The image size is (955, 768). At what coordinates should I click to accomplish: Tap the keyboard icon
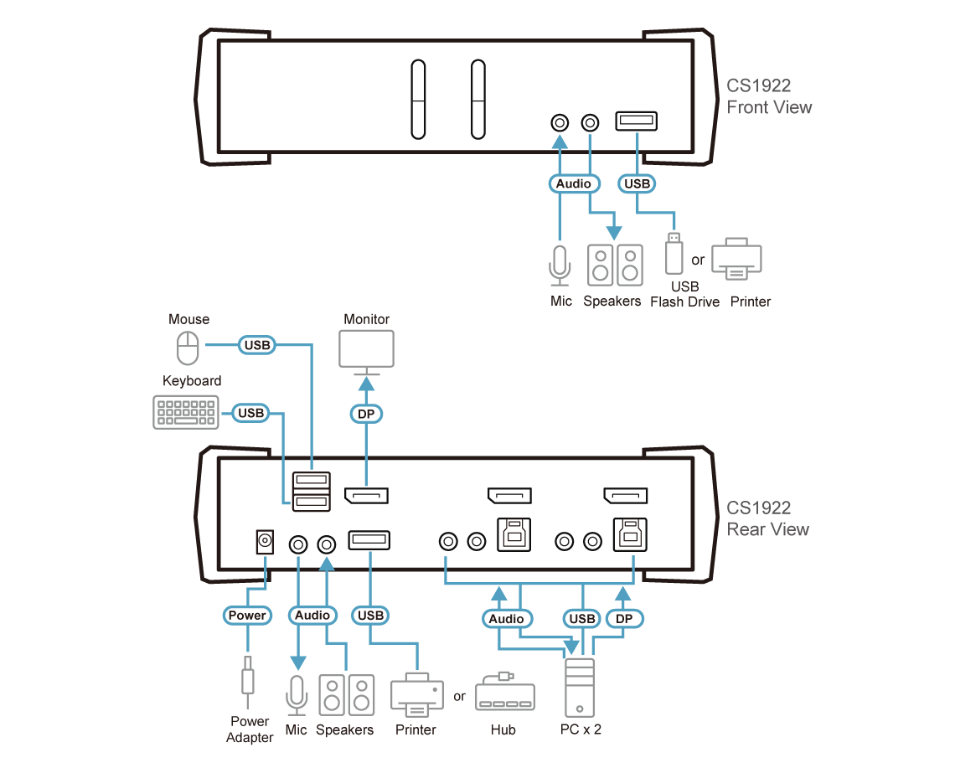click(x=186, y=413)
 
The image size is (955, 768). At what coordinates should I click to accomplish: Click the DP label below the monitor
click(x=365, y=413)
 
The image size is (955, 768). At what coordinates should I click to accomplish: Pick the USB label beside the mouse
click(x=255, y=344)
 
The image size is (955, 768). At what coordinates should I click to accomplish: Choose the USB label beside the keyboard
click(x=250, y=412)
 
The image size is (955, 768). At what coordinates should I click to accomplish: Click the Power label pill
click(x=247, y=616)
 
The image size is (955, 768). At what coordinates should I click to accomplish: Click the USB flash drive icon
click(x=672, y=253)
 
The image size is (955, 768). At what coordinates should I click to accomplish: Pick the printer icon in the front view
click(x=736, y=260)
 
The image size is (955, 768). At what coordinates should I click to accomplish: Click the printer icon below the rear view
click(x=416, y=693)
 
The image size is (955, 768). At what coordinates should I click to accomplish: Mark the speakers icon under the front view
click(x=615, y=265)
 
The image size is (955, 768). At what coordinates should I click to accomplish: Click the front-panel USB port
click(x=637, y=121)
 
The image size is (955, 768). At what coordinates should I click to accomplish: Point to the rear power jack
click(x=265, y=543)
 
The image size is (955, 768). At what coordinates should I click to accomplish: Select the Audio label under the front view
click(x=575, y=183)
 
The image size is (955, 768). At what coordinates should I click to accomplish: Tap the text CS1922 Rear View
click(x=767, y=518)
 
